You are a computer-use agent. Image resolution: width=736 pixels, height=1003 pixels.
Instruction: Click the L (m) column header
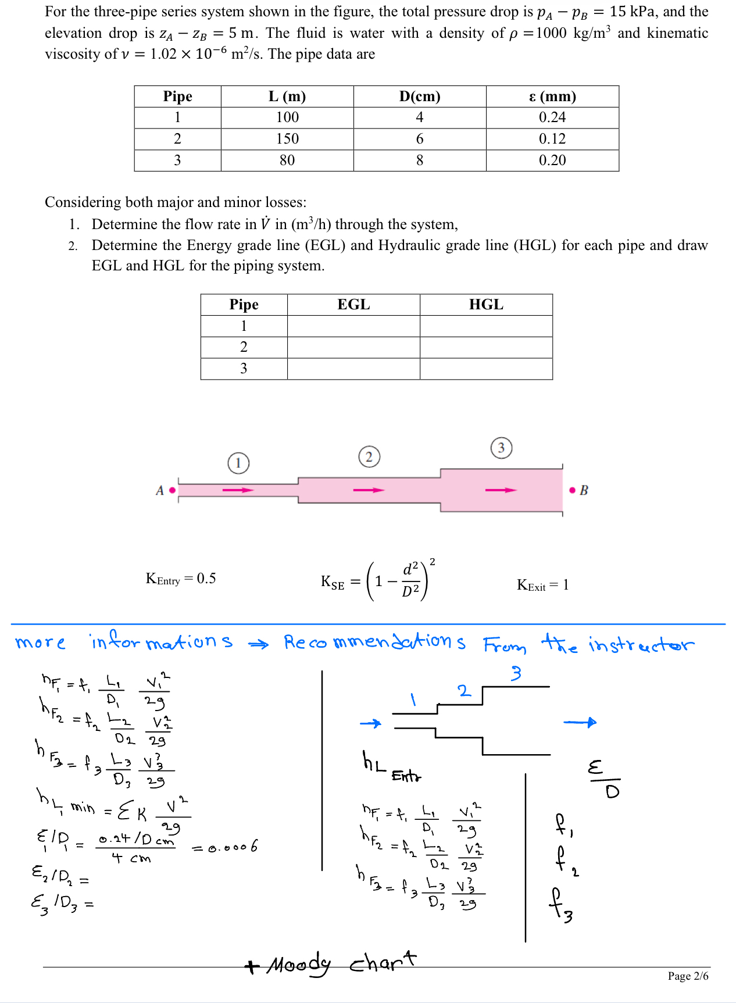287,97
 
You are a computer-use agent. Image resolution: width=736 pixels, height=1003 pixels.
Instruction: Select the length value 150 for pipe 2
287,139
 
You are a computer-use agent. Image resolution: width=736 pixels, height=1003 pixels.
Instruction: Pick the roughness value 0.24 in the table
552,117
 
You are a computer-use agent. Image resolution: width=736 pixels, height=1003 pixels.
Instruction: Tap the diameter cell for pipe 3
419,160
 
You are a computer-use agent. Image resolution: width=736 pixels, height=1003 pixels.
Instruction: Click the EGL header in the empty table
353,305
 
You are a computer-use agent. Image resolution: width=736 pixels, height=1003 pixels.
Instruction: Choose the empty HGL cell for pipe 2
486,347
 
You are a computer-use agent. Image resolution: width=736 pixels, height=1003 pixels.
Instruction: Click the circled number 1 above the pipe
238,463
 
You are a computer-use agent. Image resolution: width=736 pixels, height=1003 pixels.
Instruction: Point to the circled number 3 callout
501,448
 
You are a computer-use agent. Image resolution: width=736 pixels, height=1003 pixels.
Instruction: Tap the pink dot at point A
172,490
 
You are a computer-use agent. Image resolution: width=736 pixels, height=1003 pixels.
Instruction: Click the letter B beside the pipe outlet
584,490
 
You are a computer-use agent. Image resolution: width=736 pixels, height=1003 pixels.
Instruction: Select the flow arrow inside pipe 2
369,490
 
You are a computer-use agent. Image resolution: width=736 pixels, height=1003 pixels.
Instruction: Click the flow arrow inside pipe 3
501,490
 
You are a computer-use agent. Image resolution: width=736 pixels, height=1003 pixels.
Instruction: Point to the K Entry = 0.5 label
181,579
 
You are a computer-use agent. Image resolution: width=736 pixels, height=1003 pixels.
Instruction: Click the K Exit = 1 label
542,585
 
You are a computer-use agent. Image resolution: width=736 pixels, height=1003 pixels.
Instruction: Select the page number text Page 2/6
688,976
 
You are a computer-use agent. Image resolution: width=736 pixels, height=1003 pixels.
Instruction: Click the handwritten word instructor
641,644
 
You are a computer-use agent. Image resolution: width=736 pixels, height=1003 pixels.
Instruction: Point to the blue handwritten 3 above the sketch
516,673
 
